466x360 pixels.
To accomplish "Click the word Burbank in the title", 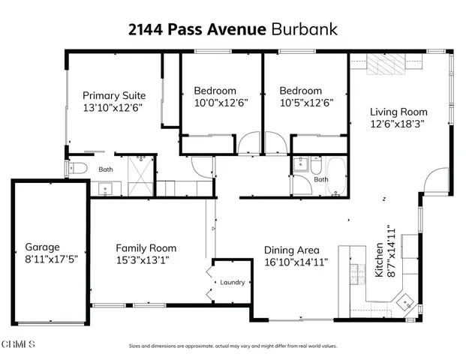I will click(x=304, y=30).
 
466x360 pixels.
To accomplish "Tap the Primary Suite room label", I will click(x=113, y=95).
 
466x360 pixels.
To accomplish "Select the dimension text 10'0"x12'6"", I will click(x=221, y=103).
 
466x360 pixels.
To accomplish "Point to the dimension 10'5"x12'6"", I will click(x=305, y=103).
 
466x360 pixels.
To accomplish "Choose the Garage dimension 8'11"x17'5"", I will click(x=52, y=259).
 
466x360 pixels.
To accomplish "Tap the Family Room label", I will click(x=146, y=248).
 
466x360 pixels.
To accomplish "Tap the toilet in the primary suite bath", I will click(x=78, y=169).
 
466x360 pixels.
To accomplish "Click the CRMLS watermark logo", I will click(x=18, y=344).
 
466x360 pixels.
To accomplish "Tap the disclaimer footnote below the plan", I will click(x=233, y=346).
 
